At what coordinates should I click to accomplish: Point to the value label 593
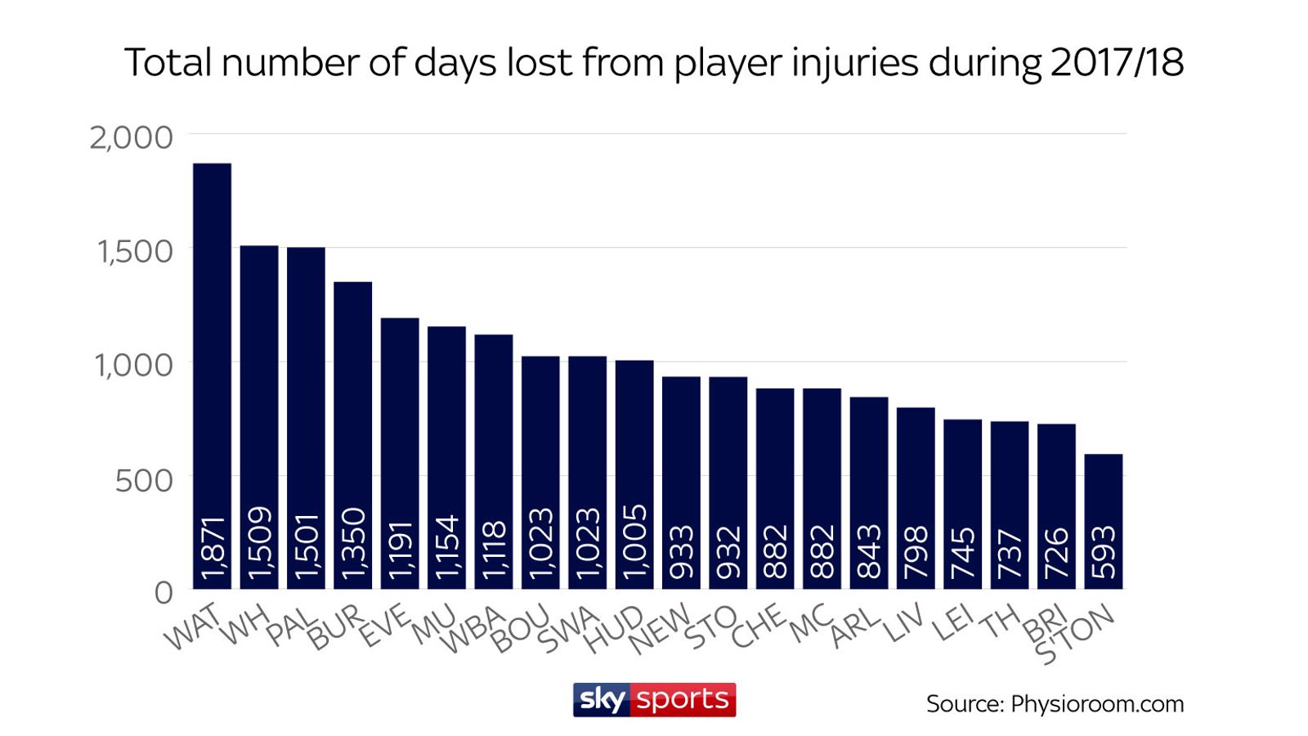click(1104, 552)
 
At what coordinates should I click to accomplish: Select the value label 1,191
click(401, 550)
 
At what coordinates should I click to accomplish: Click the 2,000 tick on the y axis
click(132, 137)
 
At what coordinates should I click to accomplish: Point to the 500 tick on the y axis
click(144, 480)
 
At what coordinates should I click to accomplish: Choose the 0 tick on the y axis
click(163, 592)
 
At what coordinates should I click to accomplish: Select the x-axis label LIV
click(904, 624)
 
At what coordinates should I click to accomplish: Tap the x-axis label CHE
click(759, 628)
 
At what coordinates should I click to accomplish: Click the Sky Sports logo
click(654, 700)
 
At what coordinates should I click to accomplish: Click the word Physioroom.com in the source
click(1097, 704)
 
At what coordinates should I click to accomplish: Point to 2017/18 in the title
click(1117, 63)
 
